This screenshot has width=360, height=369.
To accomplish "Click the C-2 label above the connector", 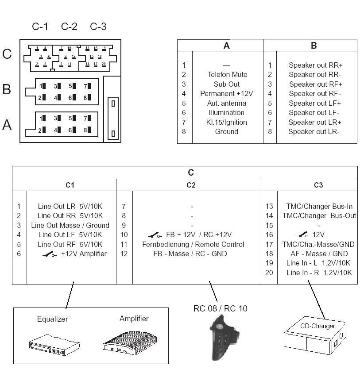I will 69,27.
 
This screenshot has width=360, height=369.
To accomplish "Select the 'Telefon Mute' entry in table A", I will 227,74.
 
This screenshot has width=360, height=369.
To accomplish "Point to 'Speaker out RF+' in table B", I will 316,84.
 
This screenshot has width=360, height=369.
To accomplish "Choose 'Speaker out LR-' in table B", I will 314,131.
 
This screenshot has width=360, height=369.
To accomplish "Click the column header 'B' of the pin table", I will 314,46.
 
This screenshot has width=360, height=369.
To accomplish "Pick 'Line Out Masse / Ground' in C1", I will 70,225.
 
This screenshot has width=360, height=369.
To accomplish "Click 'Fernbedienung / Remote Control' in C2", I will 193,244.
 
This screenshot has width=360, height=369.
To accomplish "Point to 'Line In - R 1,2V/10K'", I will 319,273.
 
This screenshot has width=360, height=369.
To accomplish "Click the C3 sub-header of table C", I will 318,185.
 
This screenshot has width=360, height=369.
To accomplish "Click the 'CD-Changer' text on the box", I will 317,326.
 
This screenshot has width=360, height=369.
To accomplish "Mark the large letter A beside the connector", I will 7,125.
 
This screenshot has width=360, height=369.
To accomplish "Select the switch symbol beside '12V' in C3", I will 303,235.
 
